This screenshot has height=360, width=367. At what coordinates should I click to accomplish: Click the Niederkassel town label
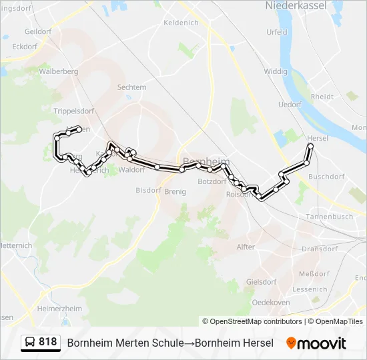(x=297, y=5)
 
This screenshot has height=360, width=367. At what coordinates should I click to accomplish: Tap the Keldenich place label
(x=181, y=22)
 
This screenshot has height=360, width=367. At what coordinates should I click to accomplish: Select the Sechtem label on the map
(x=131, y=87)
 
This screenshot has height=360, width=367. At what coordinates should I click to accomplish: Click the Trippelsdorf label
(x=73, y=111)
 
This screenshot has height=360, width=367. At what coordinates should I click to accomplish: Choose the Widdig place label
(x=275, y=71)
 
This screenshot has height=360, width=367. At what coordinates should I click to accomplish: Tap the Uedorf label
(x=290, y=105)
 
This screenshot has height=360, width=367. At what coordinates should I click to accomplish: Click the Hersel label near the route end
(x=318, y=138)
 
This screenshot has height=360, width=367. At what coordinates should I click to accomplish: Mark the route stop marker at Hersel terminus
(x=310, y=146)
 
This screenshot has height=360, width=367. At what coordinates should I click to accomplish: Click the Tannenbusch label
(x=328, y=217)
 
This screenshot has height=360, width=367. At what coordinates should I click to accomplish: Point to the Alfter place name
(x=246, y=247)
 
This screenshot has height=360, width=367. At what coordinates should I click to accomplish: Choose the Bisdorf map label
(x=148, y=190)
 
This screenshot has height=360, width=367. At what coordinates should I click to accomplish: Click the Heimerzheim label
(x=59, y=309)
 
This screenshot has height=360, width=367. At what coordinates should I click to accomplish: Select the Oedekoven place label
(x=274, y=302)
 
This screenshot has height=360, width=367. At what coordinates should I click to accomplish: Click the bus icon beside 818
(x=29, y=343)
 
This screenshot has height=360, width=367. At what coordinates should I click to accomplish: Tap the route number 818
(x=47, y=342)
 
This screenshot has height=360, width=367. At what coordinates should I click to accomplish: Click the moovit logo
(x=317, y=343)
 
